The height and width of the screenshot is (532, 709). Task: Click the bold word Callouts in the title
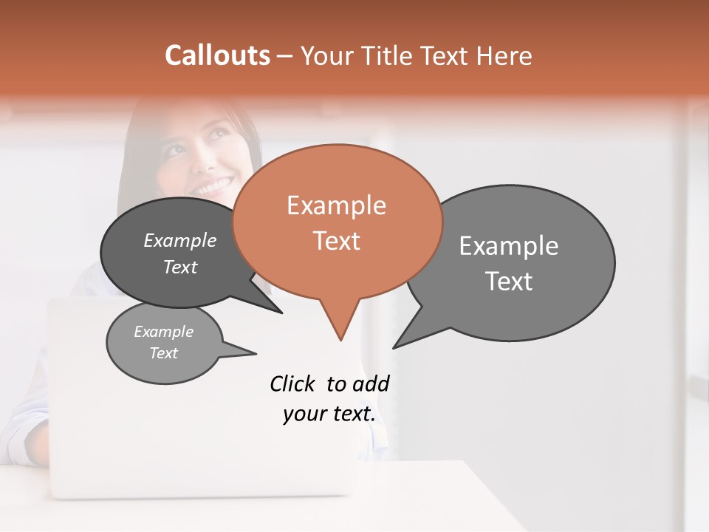[217, 55]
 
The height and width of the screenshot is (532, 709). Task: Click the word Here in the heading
[504, 56]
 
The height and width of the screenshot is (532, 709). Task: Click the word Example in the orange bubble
[336, 205]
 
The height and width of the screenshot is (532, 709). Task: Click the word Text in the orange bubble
[336, 241]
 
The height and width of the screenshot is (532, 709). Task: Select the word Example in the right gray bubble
[509, 246]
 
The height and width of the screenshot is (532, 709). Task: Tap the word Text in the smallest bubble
[163, 353]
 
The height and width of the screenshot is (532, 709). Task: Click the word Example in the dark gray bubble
[180, 241]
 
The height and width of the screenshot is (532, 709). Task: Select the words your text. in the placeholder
[329, 414]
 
